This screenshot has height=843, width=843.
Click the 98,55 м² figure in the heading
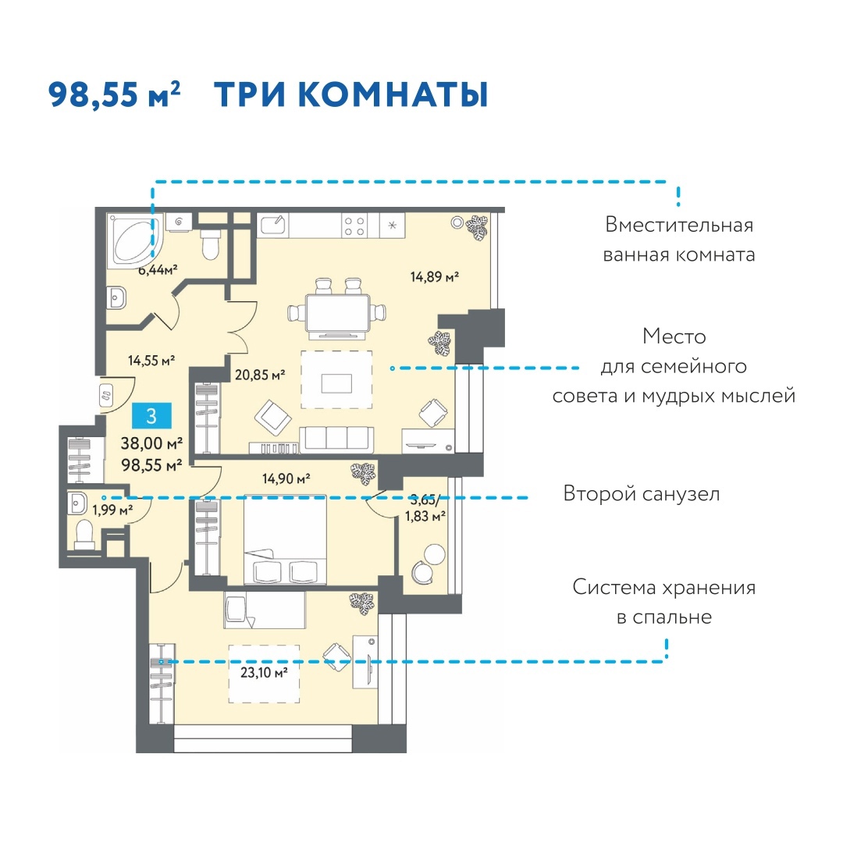click(114, 94)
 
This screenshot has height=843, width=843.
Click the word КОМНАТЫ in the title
click(393, 95)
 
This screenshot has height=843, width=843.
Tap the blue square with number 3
click(151, 415)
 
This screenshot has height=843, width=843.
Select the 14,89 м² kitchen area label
click(435, 277)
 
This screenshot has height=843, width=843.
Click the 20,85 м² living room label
click(260, 375)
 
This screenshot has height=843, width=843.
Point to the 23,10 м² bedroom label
click(264, 672)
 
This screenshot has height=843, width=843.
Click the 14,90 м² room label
click(286, 478)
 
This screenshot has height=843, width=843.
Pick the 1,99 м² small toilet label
click(112, 509)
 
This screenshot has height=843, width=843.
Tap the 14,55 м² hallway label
click(151, 360)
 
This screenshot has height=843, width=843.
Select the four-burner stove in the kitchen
click(355, 226)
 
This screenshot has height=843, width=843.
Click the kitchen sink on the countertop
click(273, 225)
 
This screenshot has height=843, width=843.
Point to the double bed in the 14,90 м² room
click(285, 540)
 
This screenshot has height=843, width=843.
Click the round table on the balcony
click(435, 554)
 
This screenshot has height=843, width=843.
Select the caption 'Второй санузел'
click(642, 493)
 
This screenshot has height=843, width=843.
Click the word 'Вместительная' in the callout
click(679, 225)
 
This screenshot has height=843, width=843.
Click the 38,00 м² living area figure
click(151, 443)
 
